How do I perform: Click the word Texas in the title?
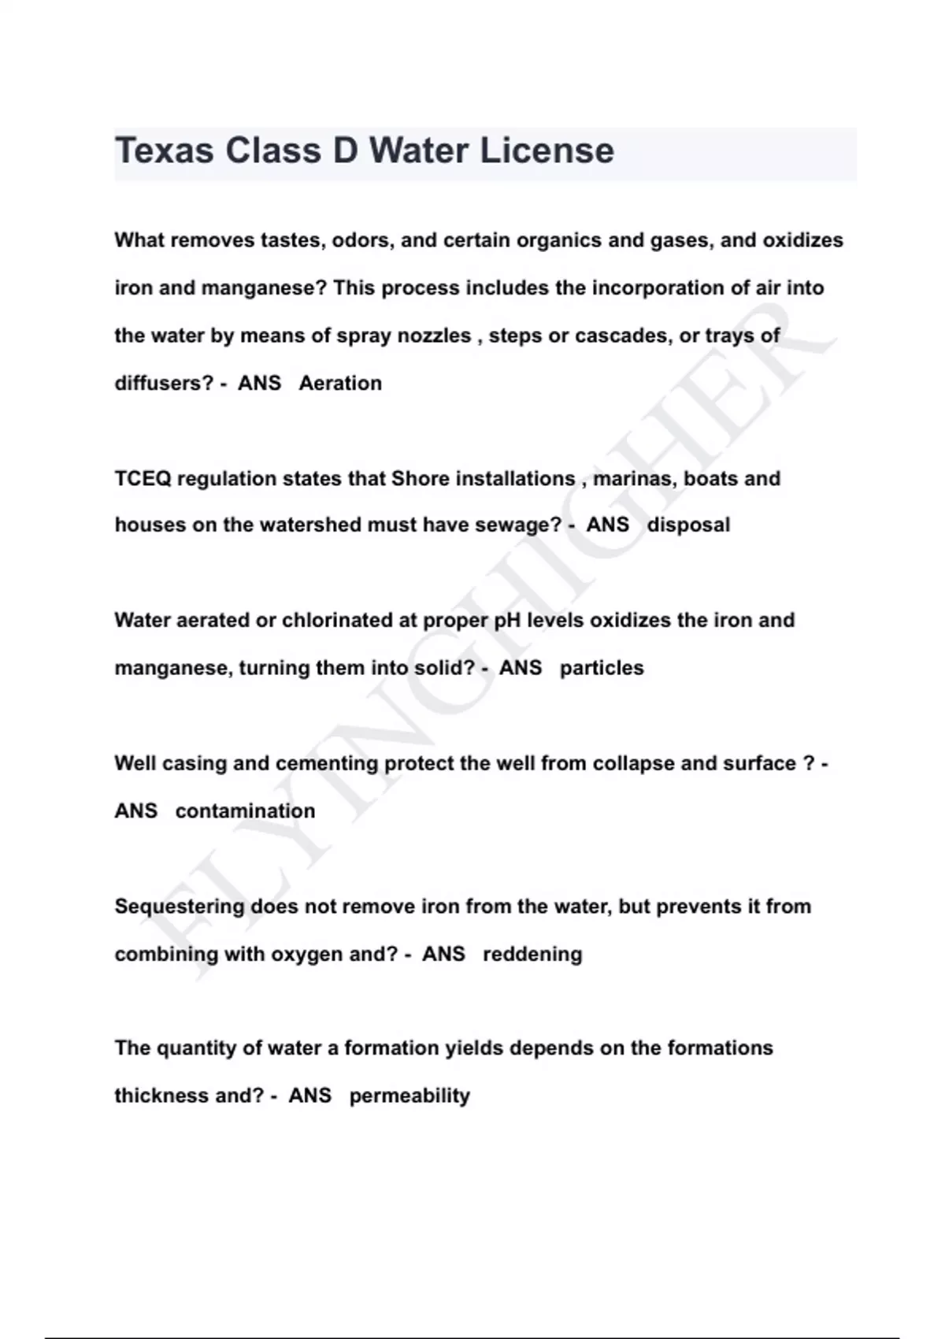[164, 150]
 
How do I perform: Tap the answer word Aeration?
[340, 384]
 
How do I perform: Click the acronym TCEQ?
[143, 479]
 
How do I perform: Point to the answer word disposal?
[688, 525]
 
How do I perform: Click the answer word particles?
[602, 668]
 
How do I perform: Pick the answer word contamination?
[245, 811]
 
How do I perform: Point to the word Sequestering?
[180, 907]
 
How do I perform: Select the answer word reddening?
[532, 955]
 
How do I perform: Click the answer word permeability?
[409, 1096]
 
